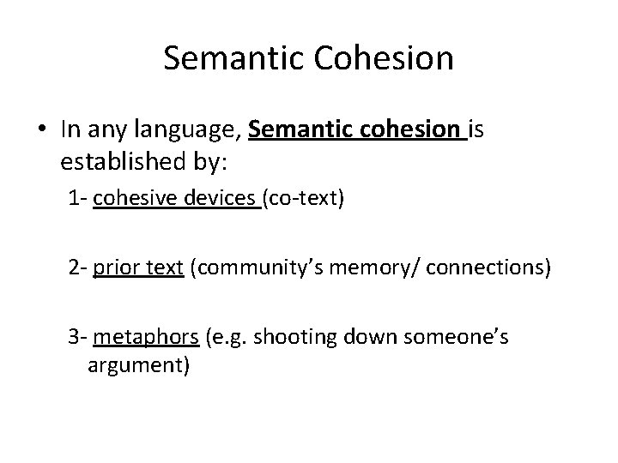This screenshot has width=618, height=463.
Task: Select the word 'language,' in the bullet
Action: pos(185,129)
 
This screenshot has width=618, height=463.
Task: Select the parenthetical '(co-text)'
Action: pos(305,201)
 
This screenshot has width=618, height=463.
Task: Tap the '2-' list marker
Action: pos(79,269)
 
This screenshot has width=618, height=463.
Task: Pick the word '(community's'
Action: pos(256,269)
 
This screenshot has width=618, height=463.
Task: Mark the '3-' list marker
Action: pos(79,337)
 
